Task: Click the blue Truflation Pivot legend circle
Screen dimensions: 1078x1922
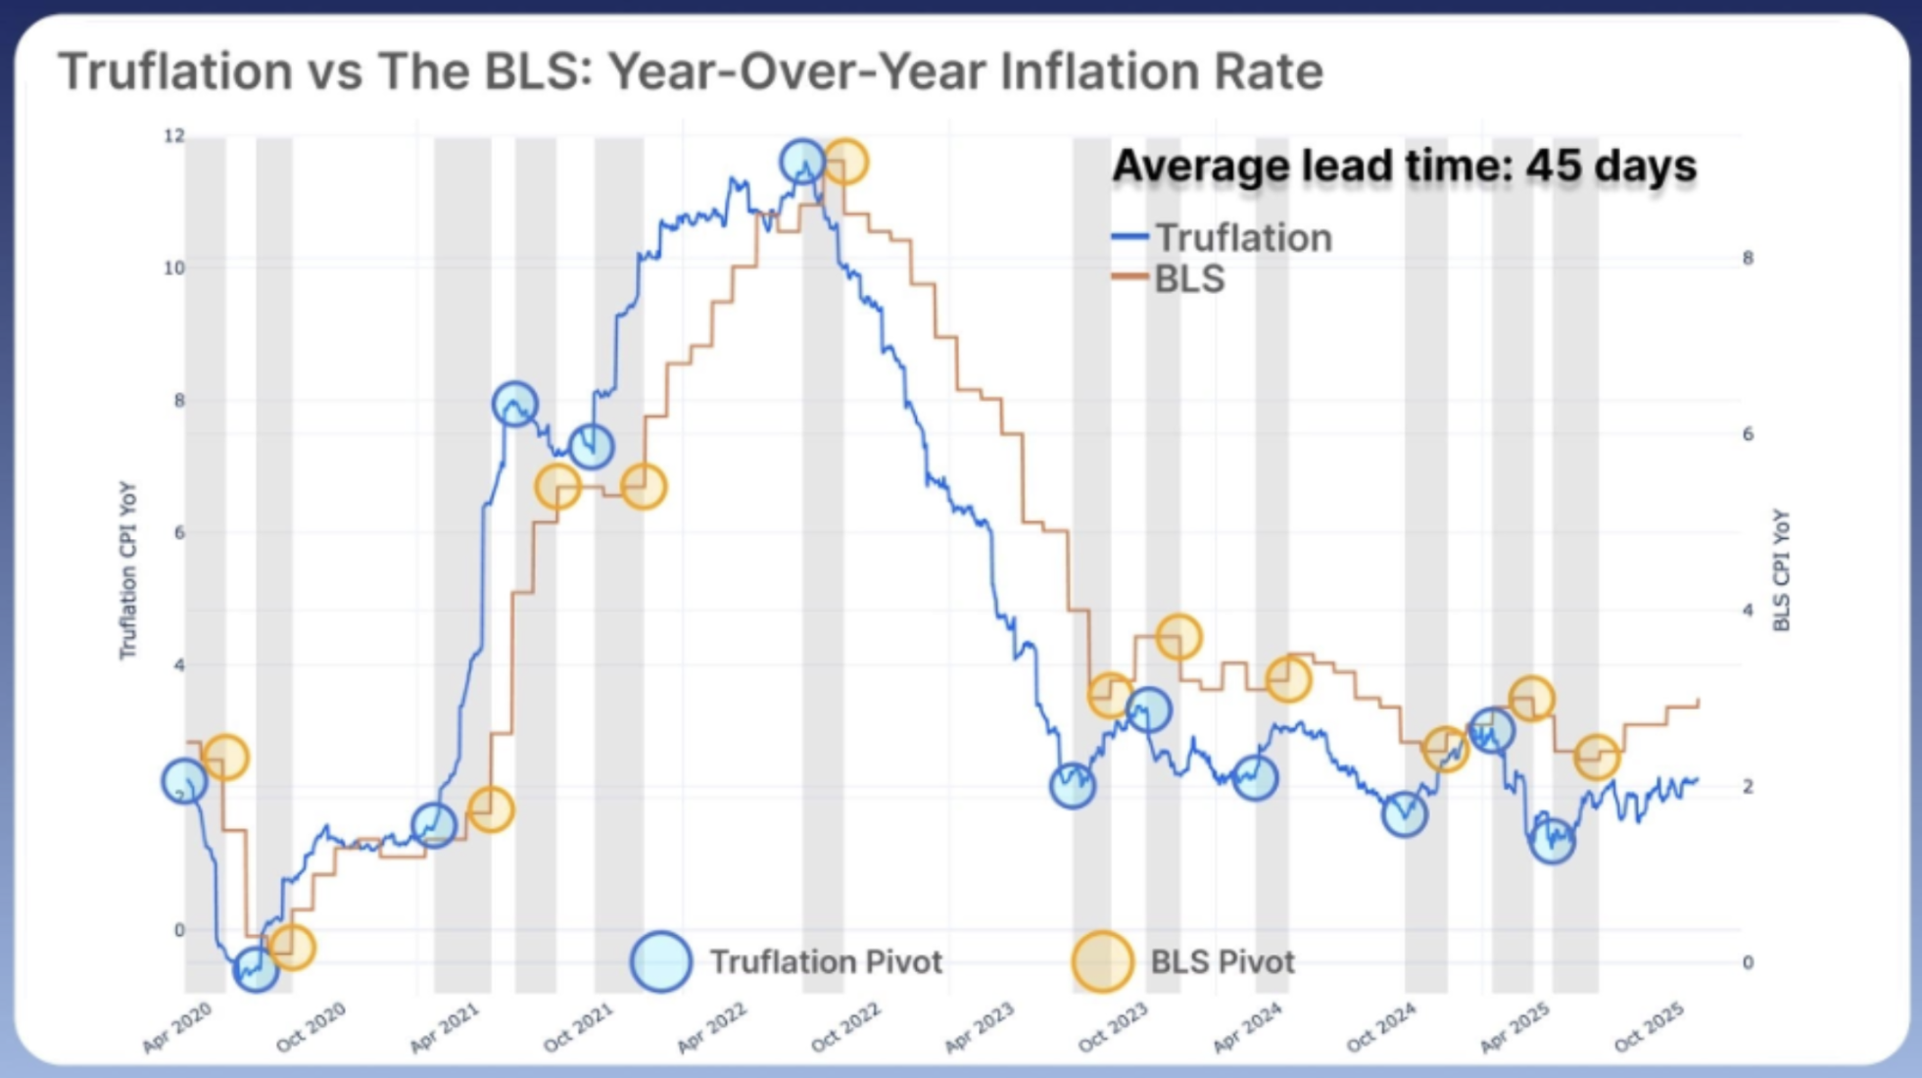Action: pyautogui.click(x=661, y=961)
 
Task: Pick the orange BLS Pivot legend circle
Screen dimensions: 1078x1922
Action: pyautogui.click(x=1102, y=961)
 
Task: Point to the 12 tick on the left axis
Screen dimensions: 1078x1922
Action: pyautogui.click(x=174, y=136)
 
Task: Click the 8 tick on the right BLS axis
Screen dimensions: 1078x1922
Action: pyautogui.click(x=1748, y=258)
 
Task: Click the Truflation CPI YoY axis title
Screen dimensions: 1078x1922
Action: pyautogui.click(x=127, y=570)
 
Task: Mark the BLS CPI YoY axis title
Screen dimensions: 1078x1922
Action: pyautogui.click(x=1781, y=570)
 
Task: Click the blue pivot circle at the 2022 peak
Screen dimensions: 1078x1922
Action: pyautogui.click(x=803, y=162)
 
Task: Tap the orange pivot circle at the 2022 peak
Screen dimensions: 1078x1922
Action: pyautogui.click(x=844, y=162)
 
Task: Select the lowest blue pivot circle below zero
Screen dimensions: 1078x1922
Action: pyautogui.click(x=256, y=968)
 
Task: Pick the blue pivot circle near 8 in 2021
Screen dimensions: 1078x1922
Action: pyautogui.click(x=515, y=404)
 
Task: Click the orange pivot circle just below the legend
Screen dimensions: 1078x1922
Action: pyautogui.click(x=1178, y=638)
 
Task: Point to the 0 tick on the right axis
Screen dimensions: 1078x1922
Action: pyautogui.click(x=1748, y=962)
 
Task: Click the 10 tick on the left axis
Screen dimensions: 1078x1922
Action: pyautogui.click(x=173, y=268)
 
